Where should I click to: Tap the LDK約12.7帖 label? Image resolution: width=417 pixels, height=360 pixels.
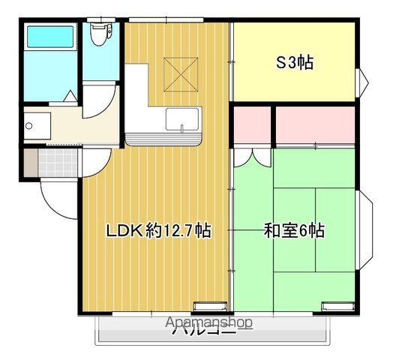click(x=157, y=232)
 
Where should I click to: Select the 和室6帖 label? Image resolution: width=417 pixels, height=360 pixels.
click(x=294, y=232)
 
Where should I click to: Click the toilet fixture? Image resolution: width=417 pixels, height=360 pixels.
click(x=99, y=34)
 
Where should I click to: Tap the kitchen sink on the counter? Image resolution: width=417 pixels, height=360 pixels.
click(x=181, y=119)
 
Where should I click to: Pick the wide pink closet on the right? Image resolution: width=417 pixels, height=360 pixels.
click(x=315, y=126)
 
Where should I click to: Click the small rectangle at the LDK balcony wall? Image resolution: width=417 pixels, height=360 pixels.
click(x=203, y=305)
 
